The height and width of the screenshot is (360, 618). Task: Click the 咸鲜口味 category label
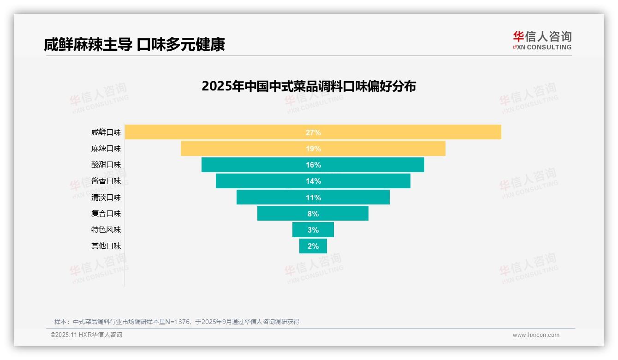coord(106,132)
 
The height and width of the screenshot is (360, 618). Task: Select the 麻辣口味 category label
coord(106,149)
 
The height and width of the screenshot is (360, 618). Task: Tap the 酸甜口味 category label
coord(106,165)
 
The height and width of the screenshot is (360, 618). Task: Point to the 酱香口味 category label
coord(106,181)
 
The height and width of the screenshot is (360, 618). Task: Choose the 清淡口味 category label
coord(106,198)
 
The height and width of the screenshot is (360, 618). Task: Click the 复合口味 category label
coord(106,214)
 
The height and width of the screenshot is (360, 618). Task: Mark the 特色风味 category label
coord(106,230)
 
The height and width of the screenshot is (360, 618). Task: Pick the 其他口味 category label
coord(106,246)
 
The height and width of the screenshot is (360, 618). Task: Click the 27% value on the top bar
coord(313,132)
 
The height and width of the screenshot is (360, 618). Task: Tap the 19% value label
coord(313,149)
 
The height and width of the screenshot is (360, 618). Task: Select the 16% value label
coord(313,165)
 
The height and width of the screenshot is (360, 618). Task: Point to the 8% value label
coord(313,214)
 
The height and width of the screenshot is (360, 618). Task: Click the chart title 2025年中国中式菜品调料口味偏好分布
coord(309,86)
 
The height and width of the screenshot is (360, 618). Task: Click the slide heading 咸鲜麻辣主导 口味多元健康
coord(134,45)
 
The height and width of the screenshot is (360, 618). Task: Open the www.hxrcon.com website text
coord(536,335)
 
